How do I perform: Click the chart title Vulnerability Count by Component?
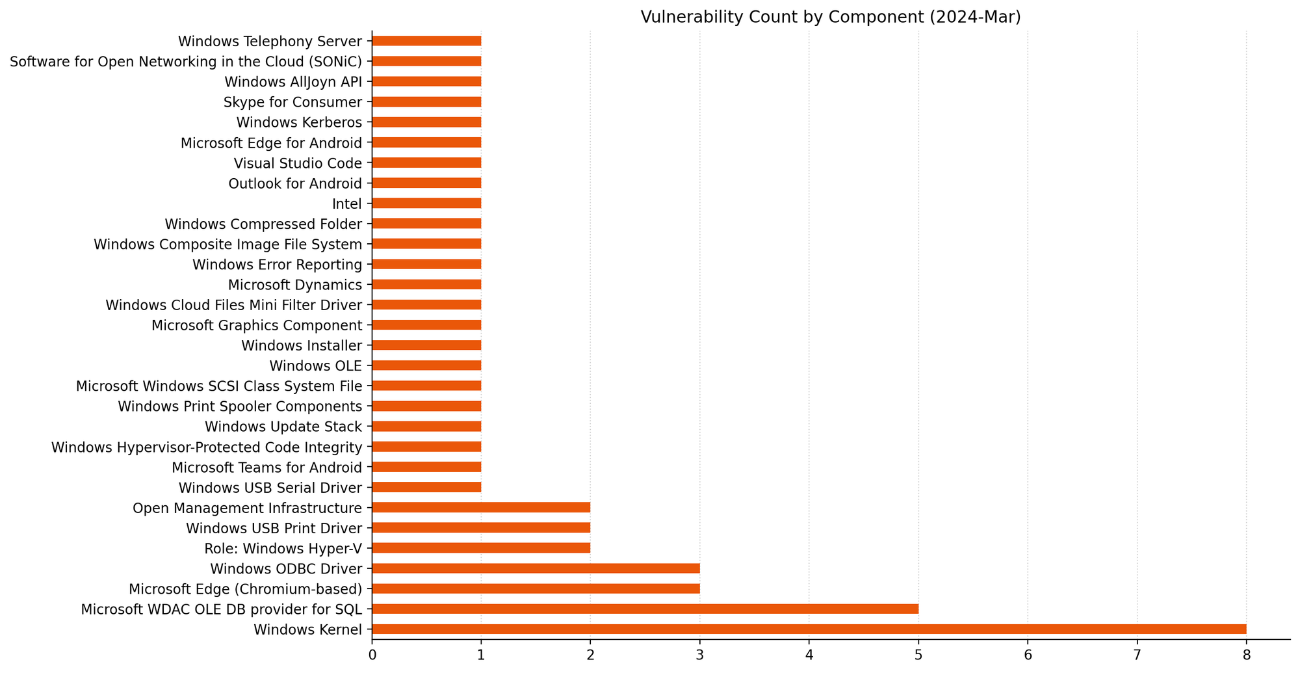[831, 18]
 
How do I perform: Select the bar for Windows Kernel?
[809, 629]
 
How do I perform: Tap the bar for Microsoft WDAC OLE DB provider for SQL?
[645, 609]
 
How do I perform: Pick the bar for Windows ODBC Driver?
[536, 568]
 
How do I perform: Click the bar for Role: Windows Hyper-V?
[481, 548]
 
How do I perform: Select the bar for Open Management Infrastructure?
[481, 507]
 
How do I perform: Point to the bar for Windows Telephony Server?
[426, 41]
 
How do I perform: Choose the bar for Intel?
[426, 204]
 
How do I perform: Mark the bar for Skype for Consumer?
[426, 102]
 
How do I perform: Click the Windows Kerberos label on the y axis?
[299, 122]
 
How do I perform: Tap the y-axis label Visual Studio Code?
[298, 163]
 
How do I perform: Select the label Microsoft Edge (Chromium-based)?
[245, 589]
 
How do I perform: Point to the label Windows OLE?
[315, 366]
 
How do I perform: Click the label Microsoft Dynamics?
[294, 285]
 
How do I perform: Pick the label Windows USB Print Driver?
[274, 528]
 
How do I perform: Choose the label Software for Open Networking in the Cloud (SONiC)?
[186, 62]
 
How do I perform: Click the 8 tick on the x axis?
[1246, 655]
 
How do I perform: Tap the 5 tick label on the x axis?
[918, 655]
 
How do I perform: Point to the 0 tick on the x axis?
[372, 655]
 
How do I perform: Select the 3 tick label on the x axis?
[699, 655]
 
